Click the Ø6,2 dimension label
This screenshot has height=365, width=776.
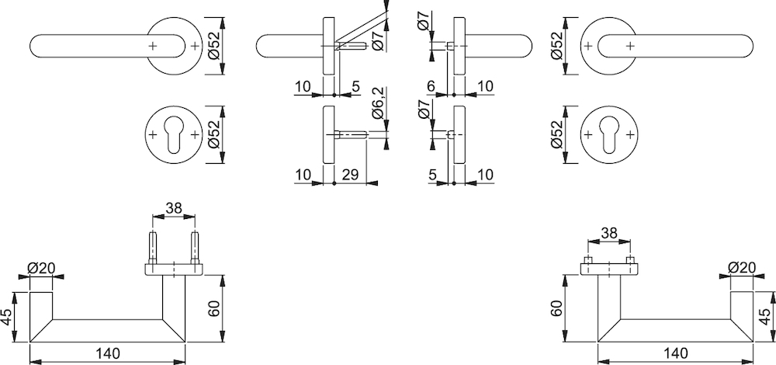coord(378,103)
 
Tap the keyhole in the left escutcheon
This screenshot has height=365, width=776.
coord(174,134)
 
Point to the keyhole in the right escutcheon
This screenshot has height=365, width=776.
coord(609,134)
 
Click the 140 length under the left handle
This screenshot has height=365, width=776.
coord(107,353)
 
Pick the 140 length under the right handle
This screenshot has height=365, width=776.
coord(676,353)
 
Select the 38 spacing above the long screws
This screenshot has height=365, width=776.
coord(174,208)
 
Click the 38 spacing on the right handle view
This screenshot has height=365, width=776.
coord(609,232)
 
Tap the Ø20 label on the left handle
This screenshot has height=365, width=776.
coord(42,269)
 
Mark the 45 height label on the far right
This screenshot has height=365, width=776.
coord(767,318)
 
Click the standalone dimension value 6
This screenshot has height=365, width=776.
coord(431,86)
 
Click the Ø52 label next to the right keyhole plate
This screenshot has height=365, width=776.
coord(556,134)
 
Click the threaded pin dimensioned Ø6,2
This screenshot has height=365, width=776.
coord(351,134)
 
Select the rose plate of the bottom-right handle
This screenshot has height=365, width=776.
coord(609,269)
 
